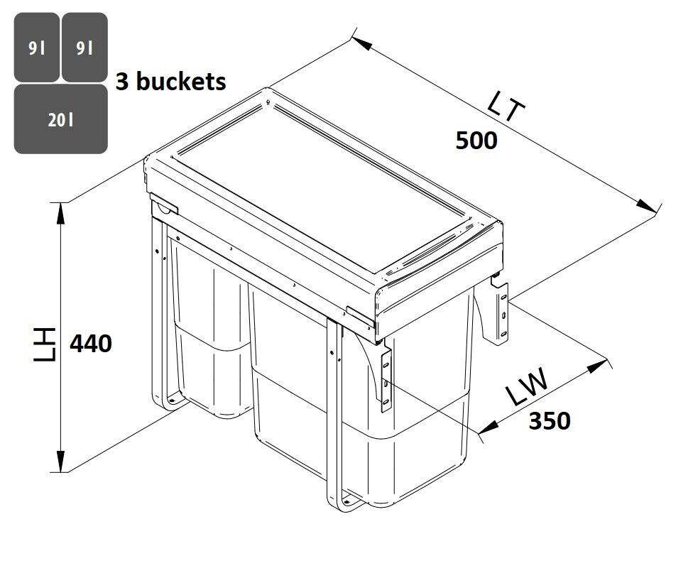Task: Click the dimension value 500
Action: click(476, 141)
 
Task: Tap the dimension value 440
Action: click(91, 344)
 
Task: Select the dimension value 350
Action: click(550, 420)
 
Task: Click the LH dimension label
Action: click(45, 344)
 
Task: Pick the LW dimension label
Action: click(528, 387)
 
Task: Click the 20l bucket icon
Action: click(61, 119)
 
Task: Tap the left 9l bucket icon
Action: click(37, 48)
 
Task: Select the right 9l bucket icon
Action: click(84, 48)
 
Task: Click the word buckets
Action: click(181, 82)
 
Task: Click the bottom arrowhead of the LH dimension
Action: click(60, 462)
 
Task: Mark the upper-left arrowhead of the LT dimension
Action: click(361, 43)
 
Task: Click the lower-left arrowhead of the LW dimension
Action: click(489, 427)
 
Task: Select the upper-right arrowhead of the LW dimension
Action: click(598, 366)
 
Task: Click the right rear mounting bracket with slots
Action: click(498, 310)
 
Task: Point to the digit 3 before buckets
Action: click(122, 82)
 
